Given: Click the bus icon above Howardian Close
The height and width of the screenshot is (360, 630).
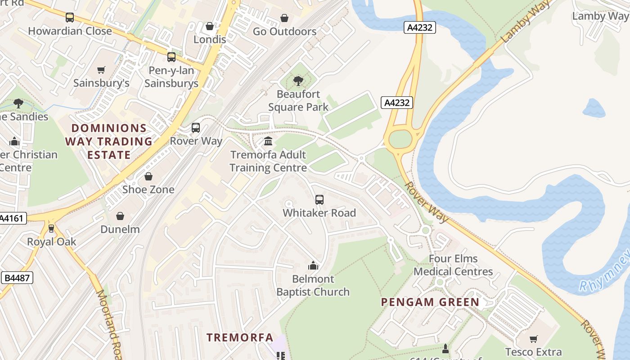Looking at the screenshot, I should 69,18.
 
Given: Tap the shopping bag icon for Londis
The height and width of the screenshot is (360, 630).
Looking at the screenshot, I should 209,27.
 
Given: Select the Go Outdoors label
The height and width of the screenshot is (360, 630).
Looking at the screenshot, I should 284,31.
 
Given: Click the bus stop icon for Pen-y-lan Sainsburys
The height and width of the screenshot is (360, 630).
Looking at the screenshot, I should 171,57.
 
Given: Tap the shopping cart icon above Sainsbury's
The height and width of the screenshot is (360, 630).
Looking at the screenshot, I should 101,70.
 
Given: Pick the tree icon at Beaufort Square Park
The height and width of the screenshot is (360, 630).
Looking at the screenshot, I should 297,81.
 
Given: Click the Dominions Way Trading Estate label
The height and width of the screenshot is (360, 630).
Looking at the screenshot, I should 109,142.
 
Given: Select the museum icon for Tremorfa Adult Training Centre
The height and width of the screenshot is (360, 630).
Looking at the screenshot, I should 268,141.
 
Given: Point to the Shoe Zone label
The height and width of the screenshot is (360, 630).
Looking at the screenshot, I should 148,189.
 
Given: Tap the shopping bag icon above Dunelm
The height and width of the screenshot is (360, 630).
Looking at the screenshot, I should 120,216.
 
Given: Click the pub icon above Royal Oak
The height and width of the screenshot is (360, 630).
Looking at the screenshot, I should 51,229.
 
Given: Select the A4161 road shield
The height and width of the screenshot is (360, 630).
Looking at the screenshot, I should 12,219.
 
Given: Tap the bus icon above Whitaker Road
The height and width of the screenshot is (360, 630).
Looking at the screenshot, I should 319,200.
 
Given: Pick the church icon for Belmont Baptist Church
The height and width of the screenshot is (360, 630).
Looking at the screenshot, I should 313,265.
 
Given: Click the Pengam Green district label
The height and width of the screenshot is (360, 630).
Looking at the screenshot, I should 430,302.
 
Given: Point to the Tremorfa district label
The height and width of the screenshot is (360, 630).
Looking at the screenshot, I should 240,337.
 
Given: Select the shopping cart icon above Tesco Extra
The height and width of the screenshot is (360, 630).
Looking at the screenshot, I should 533,339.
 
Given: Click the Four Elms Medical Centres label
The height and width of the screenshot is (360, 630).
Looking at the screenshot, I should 453,265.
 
